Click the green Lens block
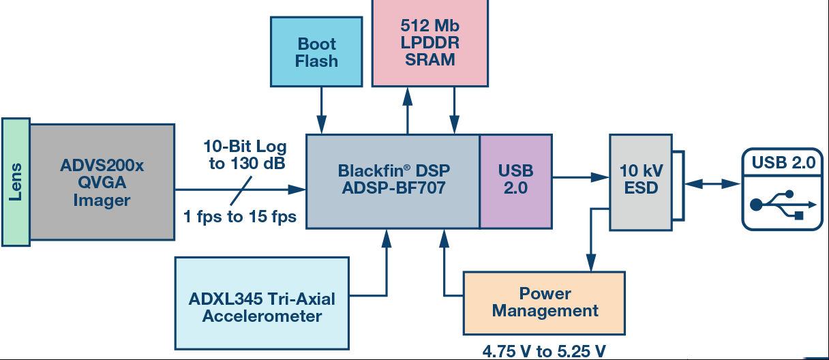[x=16, y=182]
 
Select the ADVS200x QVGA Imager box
[x=102, y=182]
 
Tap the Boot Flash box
[x=316, y=52]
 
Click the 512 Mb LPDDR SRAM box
[x=430, y=42]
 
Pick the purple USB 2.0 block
[x=516, y=181]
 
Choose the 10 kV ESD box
[x=641, y=183]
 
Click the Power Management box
[x=545, y=303]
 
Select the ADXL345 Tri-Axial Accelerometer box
[x=262, y=303]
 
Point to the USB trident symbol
[x=783, y=205]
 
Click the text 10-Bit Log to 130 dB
[x=245, y=155]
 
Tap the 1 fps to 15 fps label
[x=240, y=216]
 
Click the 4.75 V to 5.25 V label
[x=544, y=350]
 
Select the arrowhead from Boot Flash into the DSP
[x=322, y=125]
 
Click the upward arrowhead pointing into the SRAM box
[x=408, y=97]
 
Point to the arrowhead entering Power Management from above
[x=591, y=262]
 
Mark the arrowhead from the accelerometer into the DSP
[x=387, y=239]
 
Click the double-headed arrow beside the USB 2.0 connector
[x=713, y=183]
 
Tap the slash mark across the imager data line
[x=241, y=190]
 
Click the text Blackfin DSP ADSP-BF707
[x=394, y=179]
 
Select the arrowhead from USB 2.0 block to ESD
[x=600, y=177]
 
